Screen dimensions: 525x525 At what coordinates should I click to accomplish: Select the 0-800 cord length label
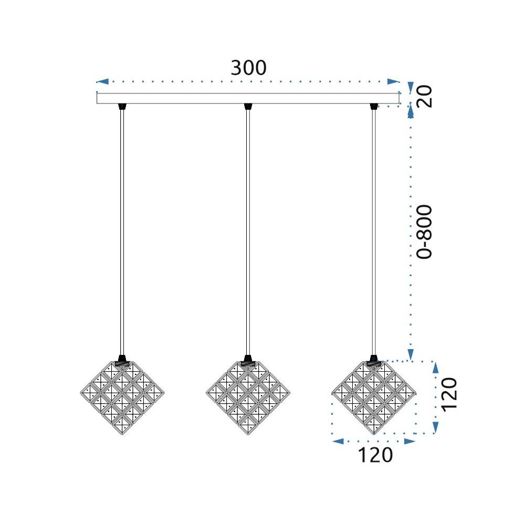(424, 231)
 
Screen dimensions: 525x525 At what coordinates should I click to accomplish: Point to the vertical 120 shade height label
(450, 394)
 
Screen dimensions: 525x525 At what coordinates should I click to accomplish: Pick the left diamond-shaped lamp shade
(122, 396)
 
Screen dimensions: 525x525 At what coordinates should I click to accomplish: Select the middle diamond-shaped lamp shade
(248, 396)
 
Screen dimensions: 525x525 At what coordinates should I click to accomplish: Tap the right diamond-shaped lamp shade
(374, 396)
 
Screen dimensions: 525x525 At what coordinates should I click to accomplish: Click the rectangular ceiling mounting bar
(248, 98)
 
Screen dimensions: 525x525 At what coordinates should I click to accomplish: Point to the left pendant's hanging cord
(122, 231)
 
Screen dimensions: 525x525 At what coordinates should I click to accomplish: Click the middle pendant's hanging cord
(248, 231)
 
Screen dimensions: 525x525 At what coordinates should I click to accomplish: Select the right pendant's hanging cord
(374, 231)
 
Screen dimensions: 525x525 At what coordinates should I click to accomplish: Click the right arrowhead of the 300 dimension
(393, 82)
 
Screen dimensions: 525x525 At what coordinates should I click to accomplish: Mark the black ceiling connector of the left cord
(122, 107)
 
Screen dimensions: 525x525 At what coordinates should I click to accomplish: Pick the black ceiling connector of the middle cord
(248, 107)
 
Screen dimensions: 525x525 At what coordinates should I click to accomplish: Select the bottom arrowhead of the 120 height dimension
(435, 428)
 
